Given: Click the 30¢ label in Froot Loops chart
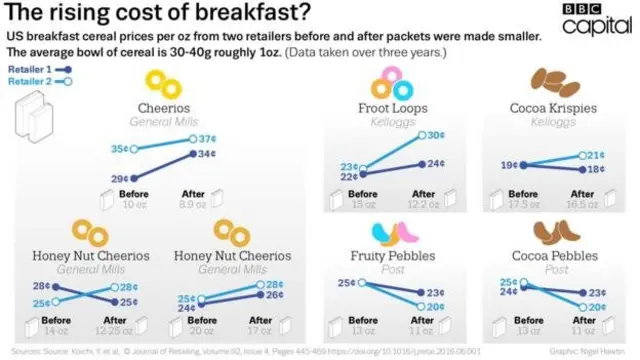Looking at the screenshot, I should (x=436, y=136).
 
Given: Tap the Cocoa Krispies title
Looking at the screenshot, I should (x=549, y=108).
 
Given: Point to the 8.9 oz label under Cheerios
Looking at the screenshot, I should (x=191, y=204).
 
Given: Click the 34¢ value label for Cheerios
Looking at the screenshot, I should (x=207, y=155).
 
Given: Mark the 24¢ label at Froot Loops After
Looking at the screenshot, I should (x=436, y=163).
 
